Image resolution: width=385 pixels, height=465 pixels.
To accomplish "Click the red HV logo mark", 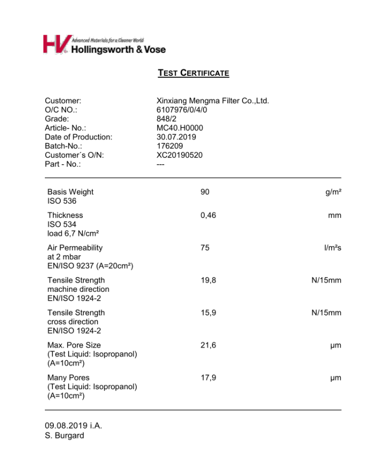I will (x=55, y=44).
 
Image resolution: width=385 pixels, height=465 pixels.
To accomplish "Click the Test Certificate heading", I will (x=193, y=73).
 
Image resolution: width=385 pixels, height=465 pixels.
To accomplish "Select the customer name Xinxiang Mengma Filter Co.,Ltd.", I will (x=213, y=101).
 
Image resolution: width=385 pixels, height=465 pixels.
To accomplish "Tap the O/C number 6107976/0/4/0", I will (x=182, y=110).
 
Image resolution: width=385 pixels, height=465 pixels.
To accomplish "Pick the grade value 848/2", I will (x=166, y=119).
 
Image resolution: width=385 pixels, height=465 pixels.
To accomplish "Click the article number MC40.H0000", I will (x=180, y=128).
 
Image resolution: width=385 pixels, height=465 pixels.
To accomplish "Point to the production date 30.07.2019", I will (x=176, y=137).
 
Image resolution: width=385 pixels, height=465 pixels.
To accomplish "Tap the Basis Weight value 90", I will (x=205, y=192).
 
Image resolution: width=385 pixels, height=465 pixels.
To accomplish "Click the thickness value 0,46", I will (x=208, y=215).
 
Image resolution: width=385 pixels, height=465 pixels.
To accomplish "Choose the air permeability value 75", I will (x=205, y=248).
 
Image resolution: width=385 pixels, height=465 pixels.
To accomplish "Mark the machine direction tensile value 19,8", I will (x=208, y=280).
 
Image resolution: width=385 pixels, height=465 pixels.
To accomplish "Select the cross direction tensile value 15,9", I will (x=208, y=313).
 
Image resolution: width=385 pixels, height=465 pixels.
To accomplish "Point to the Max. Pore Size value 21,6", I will (x=208, y=345).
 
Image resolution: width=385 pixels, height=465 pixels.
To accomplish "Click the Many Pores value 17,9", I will (x=208, y=378).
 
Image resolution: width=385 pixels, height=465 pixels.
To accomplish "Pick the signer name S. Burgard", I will (x=64, y=436).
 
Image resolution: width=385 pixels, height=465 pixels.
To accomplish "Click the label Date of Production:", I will (x=79, y=137).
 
